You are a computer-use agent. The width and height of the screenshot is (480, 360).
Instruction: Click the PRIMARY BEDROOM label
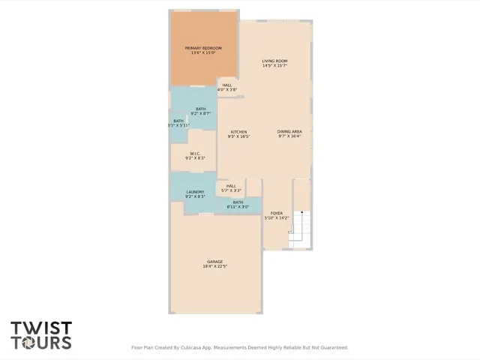(203, 48)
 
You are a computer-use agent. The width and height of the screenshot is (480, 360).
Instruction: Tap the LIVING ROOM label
(274, 61)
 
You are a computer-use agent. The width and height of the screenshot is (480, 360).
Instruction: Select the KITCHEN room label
(238, 131)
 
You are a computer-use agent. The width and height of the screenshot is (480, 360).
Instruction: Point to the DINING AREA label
(289, 131)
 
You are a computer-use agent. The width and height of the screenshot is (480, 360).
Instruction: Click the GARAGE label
(214, 262)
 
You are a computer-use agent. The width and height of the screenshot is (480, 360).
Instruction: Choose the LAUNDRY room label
(195, 192)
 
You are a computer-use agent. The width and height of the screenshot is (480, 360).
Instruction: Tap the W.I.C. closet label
(194, 154)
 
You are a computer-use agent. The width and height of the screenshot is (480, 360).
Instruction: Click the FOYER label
(277, 213)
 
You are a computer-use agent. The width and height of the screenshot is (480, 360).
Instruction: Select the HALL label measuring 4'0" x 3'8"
(226, 85)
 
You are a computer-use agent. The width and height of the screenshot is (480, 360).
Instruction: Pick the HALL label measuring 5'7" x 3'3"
(231, 186)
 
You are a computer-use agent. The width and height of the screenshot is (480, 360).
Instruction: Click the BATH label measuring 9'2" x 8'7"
(200, 109)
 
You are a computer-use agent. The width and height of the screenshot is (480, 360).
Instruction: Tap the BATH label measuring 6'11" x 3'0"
(238, 202)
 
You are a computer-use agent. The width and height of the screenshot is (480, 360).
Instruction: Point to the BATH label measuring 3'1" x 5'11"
(178, 121)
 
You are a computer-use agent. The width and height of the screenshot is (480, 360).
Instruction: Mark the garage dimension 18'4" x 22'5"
(214, 266)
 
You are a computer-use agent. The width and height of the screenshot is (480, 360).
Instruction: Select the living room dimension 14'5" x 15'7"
(274, 65)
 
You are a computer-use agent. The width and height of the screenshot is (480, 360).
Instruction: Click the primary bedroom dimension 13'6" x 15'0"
(203, 52)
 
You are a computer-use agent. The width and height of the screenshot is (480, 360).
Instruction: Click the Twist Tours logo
(41, 335)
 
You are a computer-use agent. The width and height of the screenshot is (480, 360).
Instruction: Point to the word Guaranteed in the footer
(331, 347)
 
